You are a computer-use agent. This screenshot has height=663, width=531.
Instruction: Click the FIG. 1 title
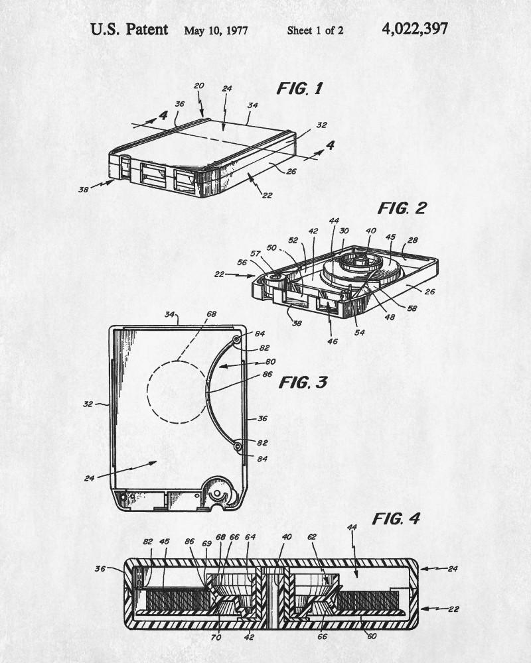[x=300, y=88]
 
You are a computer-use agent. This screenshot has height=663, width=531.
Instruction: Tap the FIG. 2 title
[x=402, y=208]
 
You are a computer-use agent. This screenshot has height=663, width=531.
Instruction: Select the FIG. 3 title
[x=303, y=383]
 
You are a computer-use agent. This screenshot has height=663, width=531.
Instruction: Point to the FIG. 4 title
[x=396, y=518]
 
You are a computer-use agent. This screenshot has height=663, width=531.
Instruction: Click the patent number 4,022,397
[x=415, y=29]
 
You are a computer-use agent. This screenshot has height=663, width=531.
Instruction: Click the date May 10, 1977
[x=216, y=31]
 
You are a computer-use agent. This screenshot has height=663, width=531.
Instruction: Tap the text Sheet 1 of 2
[x=315, y=30]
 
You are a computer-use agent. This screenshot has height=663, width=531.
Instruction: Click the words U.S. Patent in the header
[x=129, y=30]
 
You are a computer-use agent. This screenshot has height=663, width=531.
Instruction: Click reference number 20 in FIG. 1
[x=198, y=86]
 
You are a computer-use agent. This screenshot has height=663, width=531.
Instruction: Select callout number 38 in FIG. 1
[x=84, y=190]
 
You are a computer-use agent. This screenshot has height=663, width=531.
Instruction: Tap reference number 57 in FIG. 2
[x=256, y=254]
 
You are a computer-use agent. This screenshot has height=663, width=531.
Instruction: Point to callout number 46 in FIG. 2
[x=333, y=341]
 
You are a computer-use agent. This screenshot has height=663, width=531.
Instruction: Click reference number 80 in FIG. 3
[x=270, y=361]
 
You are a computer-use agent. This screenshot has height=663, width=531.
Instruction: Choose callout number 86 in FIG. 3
[x=267, y=374]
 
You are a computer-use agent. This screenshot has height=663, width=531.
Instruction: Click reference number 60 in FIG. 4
[x=371, y=636]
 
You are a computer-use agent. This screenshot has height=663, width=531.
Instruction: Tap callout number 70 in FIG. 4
[x=216, y=637]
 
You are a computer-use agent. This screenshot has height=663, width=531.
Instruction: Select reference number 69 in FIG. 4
[x=206, y=544]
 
